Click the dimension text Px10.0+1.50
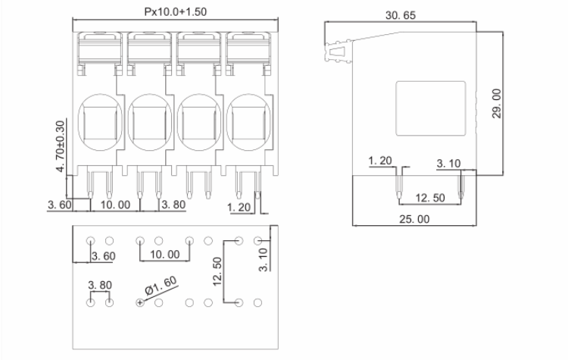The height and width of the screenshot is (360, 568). coord(175,12)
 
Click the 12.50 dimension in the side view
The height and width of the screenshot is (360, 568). coord(429,198)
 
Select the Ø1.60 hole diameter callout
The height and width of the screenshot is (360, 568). coord(160,286)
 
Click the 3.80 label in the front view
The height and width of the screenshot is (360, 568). coord(174,205)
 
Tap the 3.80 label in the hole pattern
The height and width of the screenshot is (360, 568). coord(100,286)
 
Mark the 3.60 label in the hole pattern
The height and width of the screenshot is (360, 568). coord(103,256)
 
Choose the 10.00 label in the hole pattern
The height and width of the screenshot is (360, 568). coord(164,255)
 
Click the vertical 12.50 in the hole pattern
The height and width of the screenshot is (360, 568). coord(217,271)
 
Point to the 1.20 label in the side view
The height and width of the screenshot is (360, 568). coord(381,161)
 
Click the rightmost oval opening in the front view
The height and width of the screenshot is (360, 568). coord(249,121)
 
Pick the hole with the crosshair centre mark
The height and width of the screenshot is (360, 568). coord(140,303)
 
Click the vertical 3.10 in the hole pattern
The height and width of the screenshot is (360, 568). coord(264,260)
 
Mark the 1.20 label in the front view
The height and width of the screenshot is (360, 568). coord(239,205)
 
